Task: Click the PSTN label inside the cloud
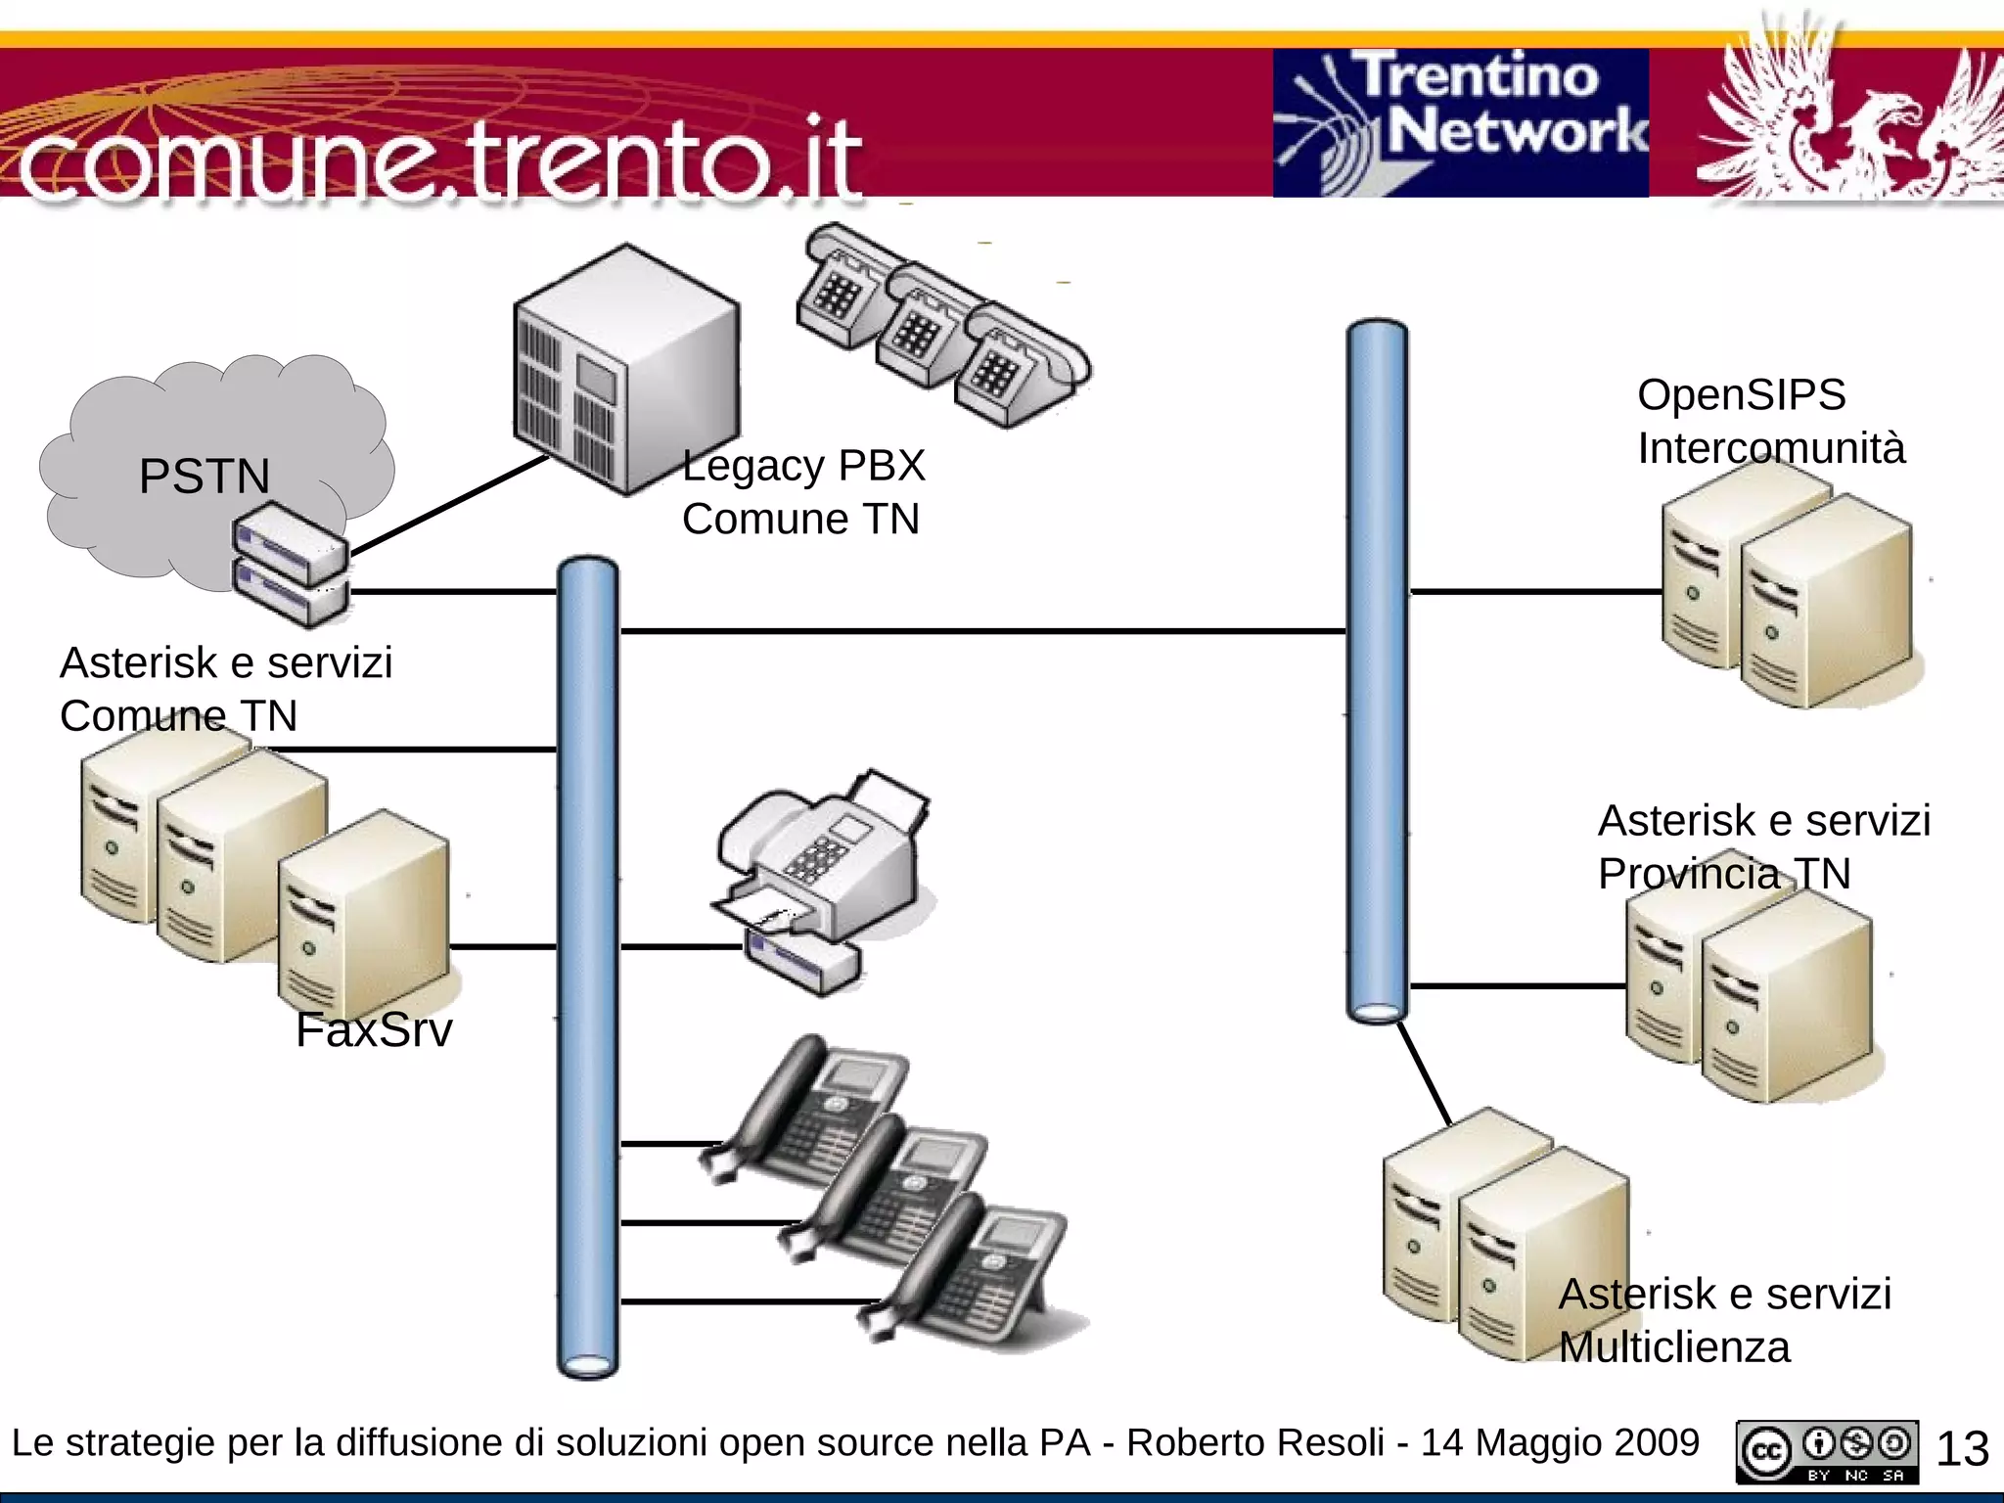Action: tap(204, 477)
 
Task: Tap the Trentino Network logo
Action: tap(1460, 122)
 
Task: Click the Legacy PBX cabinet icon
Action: tap(626, 370)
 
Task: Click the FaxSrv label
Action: tap(374, 1030)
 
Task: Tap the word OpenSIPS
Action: tap(1741, 395)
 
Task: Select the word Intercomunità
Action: tap(1771, 448)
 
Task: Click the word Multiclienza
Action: tap(1674, 1347)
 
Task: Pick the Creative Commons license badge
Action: tap(1827, 1452)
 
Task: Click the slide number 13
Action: tap(1962, 1449)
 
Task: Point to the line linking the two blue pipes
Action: tap(979, 631)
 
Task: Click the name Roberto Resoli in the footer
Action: tap(1254, 1443)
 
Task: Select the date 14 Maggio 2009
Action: tap(1560, 1443)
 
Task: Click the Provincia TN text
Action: tap(1723, 874)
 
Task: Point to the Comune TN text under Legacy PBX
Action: tap(800, 520)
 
